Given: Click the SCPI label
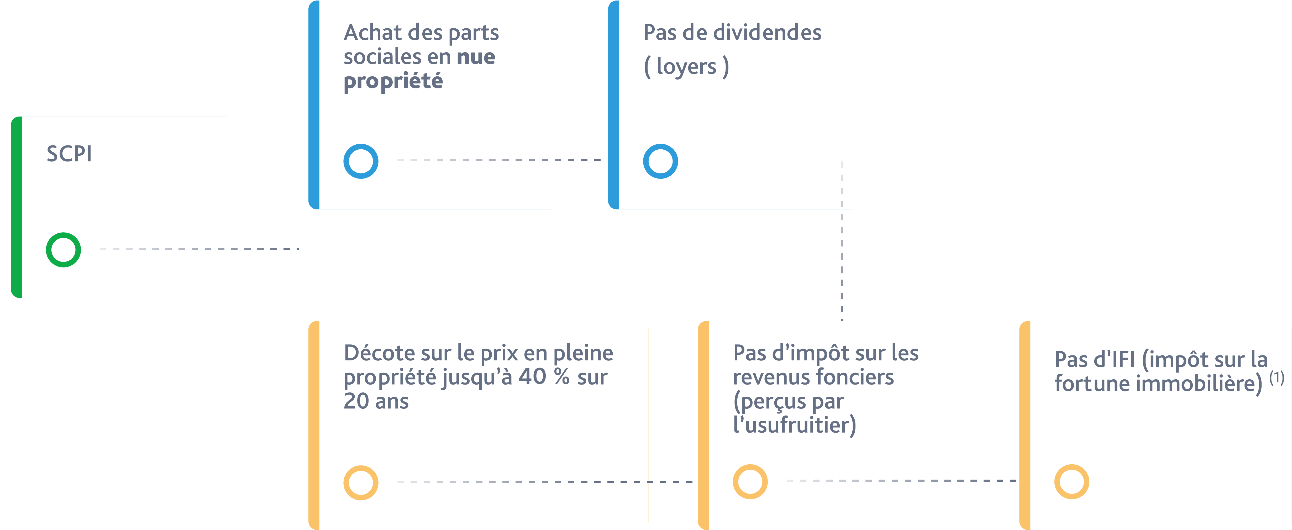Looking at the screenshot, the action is coord(69,153).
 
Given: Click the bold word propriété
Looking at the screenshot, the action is coord(393,81).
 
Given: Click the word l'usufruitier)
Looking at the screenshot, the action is coord(795,425).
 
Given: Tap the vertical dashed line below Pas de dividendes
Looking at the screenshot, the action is coord(842,241).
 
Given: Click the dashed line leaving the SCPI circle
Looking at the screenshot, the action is coord(199,249).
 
